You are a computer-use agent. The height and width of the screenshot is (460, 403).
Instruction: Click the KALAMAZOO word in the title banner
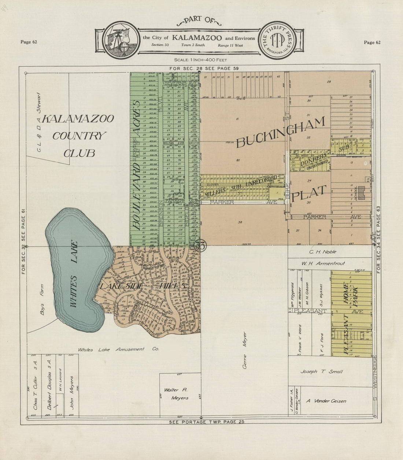coord(197,38)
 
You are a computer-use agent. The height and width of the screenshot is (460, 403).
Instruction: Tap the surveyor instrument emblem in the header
coord(120,40)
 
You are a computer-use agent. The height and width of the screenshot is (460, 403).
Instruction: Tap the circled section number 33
coord(200,245)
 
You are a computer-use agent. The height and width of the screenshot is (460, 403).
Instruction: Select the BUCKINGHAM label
coord(281,132)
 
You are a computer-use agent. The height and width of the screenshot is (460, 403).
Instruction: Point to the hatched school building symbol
coord(362,192)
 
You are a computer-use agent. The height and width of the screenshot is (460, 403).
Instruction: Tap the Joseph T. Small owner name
coord(321,372)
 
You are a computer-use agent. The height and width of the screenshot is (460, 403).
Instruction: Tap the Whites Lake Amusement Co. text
coord(118,350)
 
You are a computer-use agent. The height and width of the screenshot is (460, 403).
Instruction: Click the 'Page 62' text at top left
coord(29,42)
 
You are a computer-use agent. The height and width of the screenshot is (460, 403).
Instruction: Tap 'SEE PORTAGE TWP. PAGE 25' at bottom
coord(206,422)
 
